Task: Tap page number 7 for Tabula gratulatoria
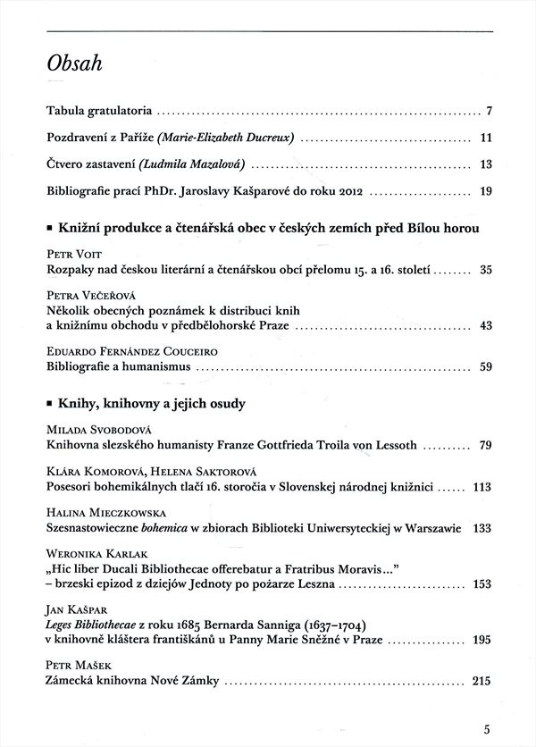pyautogui.click(x=490, y=113)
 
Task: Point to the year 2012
pyautogui.click(x=350, y=190)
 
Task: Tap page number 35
pyautogui.click(x=486, y=269)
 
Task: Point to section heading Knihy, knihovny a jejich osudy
pyautogui.click(x=151, y=404)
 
